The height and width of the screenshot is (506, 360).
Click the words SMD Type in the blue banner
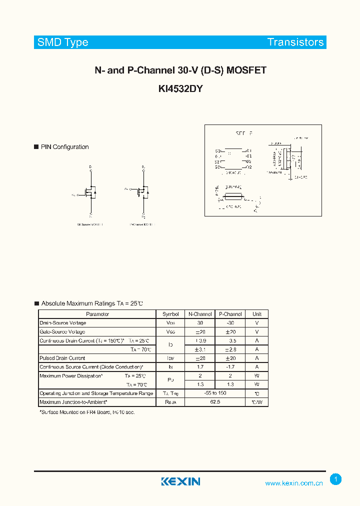(x=63, y=42)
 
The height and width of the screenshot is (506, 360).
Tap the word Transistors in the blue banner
(x=295, y=42)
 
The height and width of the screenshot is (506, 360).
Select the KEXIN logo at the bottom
(x=180, y=481)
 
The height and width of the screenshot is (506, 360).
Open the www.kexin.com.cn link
(x=293, y=483)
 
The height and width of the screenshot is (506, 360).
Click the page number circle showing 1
(x=336, y=479)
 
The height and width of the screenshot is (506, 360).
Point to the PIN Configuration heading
(x=64, y=147)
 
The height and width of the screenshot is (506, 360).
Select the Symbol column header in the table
(x=170, y=314)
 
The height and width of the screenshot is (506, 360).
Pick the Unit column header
(x=257, y=314)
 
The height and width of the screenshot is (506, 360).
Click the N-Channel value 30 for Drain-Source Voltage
(x=200, y=323)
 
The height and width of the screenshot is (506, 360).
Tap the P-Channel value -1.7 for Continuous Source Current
(x=230, y=367)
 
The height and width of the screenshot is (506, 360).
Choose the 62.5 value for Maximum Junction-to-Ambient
(x=215, y=402)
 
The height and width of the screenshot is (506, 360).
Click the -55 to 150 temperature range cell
(x=215, y=393)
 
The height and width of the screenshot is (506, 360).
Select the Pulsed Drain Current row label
(x=62, y=358)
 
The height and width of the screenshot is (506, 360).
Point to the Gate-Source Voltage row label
(x=62, y=331)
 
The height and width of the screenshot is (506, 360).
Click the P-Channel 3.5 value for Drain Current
(x=230, y=340)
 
